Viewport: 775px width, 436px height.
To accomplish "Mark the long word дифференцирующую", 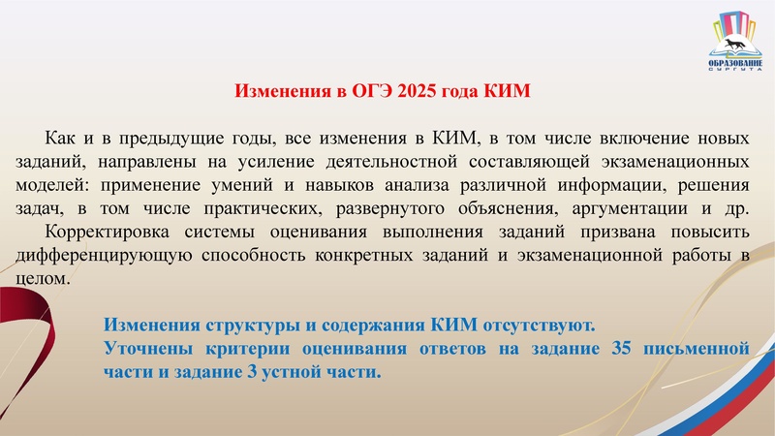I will pos(117,255).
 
